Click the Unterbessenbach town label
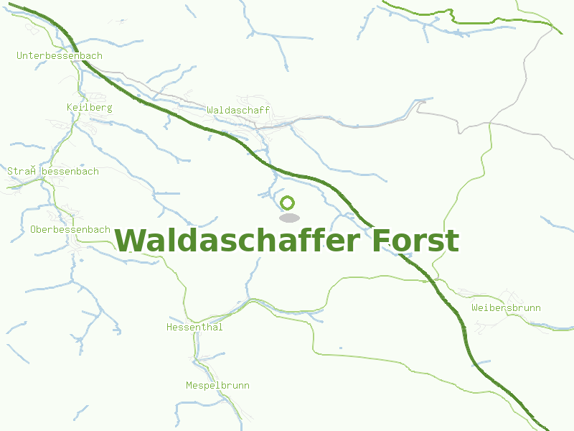(x=60, y=55)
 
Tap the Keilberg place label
(x=89, y=108)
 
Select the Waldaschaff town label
(x=238, y=110)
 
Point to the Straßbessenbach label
(x=53, y=172)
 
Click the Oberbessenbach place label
(x=70, y=230)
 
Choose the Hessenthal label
(x=194, y=328)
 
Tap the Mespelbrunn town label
(x=217, y=386)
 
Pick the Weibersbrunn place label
(x=506, y=308)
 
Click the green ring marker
(x=288, y=203)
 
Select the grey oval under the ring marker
(x=289, y=218)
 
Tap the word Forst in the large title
(x=415, y=241)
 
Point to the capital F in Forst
(x=381, y=241)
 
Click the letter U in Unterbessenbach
(x=20, y=55)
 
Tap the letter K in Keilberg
(x=69, y=108)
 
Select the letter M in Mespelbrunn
(x=189, y=386)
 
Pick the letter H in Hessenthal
(x=169, y=328)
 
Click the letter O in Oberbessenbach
(x=34, y=230)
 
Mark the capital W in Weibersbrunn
(x=475, y=308)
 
